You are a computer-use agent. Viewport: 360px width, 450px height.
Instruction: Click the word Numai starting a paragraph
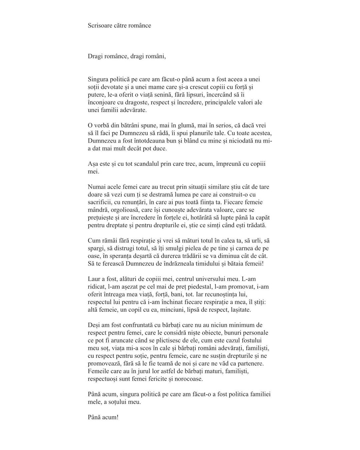point(97,187)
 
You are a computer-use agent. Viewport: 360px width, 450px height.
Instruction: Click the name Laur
point(94,279)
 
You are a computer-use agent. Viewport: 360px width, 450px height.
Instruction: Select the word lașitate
point(239,310)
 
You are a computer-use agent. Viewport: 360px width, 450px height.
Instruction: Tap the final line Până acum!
point(103,417)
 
